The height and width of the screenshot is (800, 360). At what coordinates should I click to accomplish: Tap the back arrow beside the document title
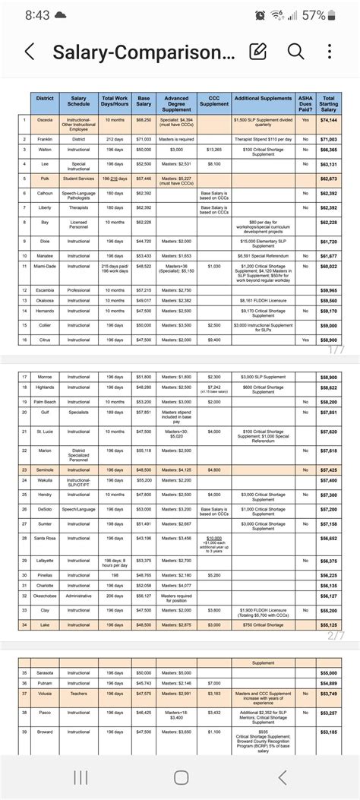click(30, 52)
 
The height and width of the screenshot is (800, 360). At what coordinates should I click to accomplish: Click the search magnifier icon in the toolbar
click(295, 51)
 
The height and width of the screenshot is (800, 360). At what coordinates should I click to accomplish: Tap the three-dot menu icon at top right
click(330, 51)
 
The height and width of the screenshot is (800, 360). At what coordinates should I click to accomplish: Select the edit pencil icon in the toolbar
click(259, 51)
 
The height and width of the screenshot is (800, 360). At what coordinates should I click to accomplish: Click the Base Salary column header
click(143, 103)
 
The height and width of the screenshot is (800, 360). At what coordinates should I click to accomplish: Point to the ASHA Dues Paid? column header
click(305, 103)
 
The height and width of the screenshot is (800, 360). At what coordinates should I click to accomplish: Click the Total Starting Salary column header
click(328, 103)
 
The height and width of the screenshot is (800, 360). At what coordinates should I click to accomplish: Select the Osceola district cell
click(45, 120)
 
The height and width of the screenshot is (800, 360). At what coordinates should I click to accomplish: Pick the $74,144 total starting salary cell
click(328, 120)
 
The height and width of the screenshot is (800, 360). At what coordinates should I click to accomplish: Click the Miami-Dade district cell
click(45, 266)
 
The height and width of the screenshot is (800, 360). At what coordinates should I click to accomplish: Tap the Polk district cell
click(45, 179)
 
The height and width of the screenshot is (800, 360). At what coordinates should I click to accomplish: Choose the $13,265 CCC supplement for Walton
click(214, 150)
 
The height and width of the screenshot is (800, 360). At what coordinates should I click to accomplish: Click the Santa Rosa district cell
click(45, 537)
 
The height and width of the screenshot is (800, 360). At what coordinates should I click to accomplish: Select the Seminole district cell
click(45, 470)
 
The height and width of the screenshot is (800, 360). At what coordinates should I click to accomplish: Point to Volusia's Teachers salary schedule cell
click(78, 693)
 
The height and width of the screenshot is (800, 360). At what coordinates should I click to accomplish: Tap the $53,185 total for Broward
click(329, 732)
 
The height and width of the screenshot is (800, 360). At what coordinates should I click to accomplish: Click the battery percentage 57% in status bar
click(317, 15)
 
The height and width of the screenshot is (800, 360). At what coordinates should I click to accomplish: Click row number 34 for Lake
click(25, 625)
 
